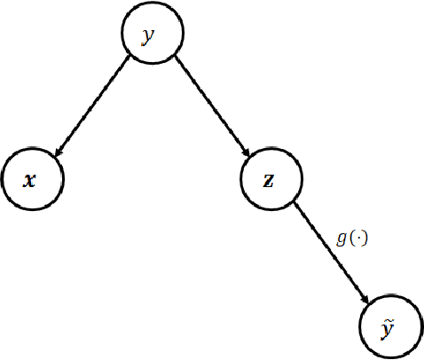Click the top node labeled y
click(151, 36)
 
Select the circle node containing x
click(32, 180)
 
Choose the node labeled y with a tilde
click(389, 327)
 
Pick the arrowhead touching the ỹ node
click(365, 301)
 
